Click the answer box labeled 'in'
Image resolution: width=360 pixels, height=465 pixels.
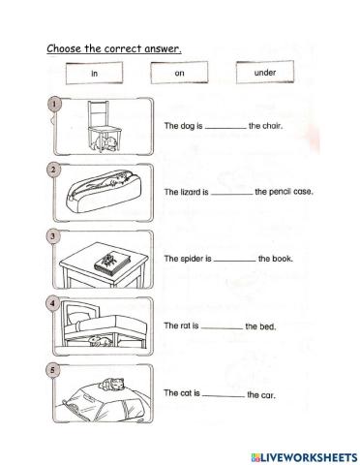tap(95, 74)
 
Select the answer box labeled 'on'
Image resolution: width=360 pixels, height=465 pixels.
tap(180, 74)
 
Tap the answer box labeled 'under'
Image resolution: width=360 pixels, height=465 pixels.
tap(264, 73)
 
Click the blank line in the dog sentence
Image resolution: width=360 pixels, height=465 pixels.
tap(226, 128)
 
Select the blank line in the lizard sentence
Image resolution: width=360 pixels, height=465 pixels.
tap(231, 194)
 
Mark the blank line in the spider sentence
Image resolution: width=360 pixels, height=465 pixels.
tap(234, 261)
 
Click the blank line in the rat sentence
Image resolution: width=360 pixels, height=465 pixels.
tap(222, 328)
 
